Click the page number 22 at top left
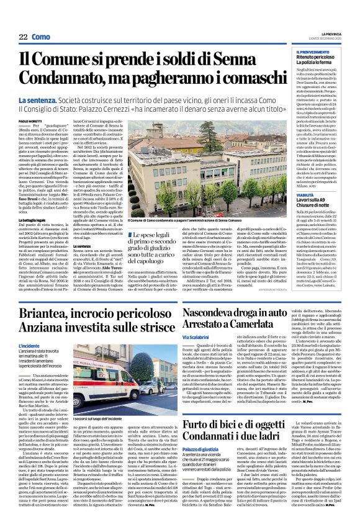pos(22,37)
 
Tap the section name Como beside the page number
pos(41,37)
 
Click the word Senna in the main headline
pos(240,60)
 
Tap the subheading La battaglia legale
pos(35,220)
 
